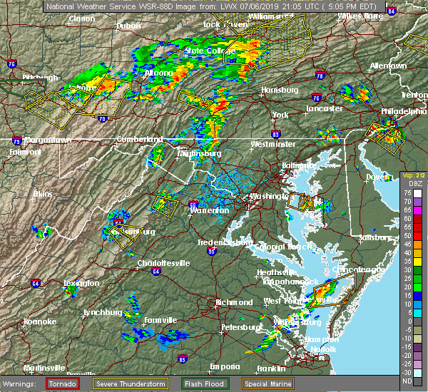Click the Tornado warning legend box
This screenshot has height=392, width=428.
click(62, 383)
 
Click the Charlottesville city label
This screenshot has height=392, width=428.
click(163, 263)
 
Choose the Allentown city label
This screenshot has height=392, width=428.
click(388, 66)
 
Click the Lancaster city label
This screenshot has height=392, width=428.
click(325, 108)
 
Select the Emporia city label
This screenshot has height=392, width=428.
click(224, 366)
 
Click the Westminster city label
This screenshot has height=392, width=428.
click(273, 144)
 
